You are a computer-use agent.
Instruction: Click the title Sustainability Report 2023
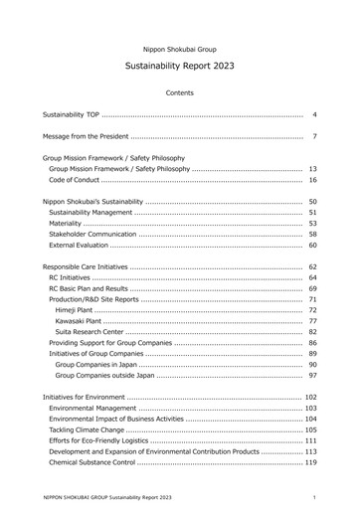pyautogui.click(x=180, y=68)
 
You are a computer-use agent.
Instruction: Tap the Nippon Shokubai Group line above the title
pyautogui.click(x=180, y=49)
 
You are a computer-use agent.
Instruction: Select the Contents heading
pyautogui.click(x=180, y=92)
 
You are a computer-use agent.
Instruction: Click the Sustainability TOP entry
pyautogui.click(x=70, y=116)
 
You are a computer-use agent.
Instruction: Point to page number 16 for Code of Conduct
pyautogui.click(x=312, y=180)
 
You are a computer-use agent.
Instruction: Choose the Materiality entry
pyautogui.click(x=67, y=224)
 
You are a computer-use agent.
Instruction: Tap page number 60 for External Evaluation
pyautogui.click(x=312, y=245)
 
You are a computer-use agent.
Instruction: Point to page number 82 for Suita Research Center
pyautogui.click(x=312, y=332)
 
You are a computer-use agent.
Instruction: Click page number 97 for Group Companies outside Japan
pyautogui.click(x=312, y=375)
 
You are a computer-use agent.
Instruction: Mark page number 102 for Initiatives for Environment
pyautogui.click(x=310, y=398)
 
